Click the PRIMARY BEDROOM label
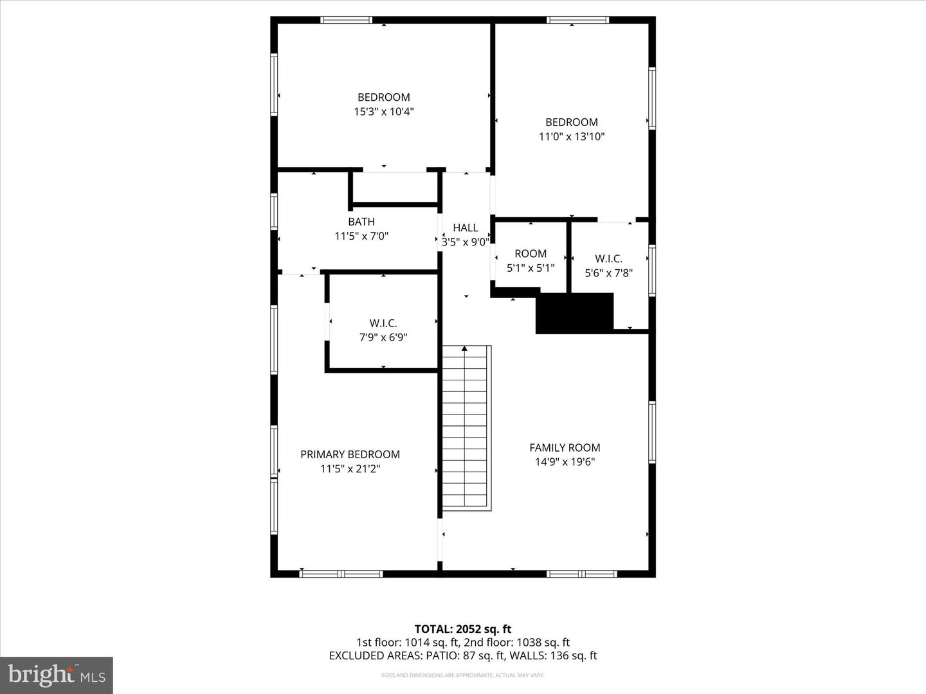[x=350, y=454]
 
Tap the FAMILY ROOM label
[x=565, y=447]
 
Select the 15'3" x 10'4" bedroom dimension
[x=383, y=112]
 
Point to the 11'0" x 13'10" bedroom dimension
[x=571, y=136]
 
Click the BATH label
[x=361, y=222]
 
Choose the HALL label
[x=465, y=227]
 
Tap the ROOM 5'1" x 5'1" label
[x=531, y=254]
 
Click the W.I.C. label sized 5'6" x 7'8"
[x=608, y=259]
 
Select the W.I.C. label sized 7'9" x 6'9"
[x=383, y=323]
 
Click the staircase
[x=466, y=431]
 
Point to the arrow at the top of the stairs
[x=464, y=349]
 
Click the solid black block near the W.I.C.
[x=574, y=314]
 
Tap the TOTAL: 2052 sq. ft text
[x=462, y=629]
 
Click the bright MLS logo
[x=57, y=675]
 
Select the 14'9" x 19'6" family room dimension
[x=565, y=462]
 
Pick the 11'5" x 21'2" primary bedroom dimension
[x=350, y=469]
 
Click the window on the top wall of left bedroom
[x=346, y=20]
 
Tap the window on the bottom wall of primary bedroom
[x=341, y=573]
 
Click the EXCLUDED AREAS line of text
[x=462, y=655]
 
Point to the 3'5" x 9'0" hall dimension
[x=465, y=242]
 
